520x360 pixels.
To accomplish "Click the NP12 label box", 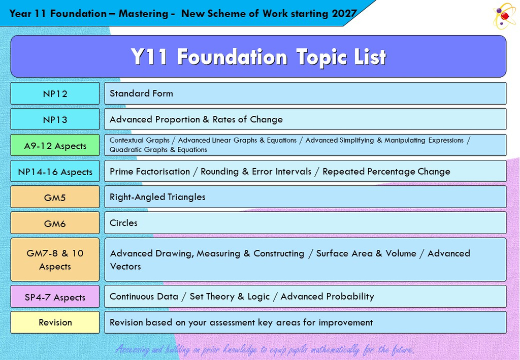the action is [x=55, y=93].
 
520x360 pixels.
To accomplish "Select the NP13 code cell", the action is [x=55, y=119].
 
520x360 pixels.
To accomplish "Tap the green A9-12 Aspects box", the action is [x=55, y=145].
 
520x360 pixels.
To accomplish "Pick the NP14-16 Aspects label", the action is [x=55, y=172].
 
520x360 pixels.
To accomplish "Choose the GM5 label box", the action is [x=55, y=197].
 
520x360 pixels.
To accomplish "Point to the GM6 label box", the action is [x=55, y=223].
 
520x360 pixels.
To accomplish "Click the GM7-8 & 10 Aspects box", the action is [x=55, y=259].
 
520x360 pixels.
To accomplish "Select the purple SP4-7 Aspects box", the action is [x=55, y=297].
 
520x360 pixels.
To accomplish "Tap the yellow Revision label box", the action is [x=55, y=322].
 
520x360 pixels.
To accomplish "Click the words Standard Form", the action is [x=141, y=93].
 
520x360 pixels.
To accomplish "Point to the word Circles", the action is [x=123, y=223].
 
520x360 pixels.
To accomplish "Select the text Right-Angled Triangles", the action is [x=157, y=197].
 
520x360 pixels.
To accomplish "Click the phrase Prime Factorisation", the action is [x=150, y=172].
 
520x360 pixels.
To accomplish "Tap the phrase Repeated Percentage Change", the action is [x=386, y=172].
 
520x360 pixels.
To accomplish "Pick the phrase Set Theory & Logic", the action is [x=230, y=297].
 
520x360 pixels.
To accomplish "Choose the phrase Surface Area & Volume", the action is [x=366, y=253].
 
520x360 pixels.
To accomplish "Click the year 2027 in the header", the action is [x=344, y=14].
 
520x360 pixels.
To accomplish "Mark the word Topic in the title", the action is [x=320, y=57].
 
